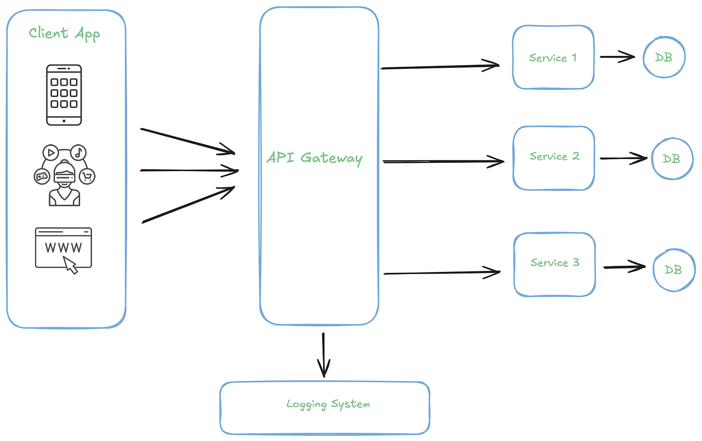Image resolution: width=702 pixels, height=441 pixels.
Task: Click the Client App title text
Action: [64, 34]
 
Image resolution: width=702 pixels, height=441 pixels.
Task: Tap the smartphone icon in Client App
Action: [64, 95]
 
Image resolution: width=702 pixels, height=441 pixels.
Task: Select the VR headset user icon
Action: [64, 176]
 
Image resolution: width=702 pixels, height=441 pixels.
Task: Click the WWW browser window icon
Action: [63, 248]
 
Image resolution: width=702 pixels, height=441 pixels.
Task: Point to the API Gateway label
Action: [314, 158]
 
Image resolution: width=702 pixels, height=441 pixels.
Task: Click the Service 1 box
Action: [553, 58]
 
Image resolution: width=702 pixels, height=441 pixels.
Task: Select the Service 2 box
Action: [554, 157]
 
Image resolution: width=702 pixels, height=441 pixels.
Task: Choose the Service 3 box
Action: [554, 263]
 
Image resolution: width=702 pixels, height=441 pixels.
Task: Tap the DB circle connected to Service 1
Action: [664, 57]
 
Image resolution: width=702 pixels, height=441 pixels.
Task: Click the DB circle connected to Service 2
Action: [672, 159]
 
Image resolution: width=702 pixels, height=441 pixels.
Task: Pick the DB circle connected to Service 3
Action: [673, 269]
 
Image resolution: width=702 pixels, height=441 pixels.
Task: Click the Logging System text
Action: [328, 404]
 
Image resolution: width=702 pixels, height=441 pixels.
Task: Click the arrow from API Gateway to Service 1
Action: [439, 66]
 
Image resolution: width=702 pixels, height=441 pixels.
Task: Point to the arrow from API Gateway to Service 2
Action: [442, 162]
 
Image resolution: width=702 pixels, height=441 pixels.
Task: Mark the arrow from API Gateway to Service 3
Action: [442, 272]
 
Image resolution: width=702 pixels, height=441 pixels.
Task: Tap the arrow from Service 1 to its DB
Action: [617, 57]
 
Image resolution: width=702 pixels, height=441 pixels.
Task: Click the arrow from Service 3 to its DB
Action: [624, 267]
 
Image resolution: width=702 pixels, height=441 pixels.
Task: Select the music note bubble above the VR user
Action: [78, 153]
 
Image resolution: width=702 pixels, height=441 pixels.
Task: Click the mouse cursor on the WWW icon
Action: [71, 265]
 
